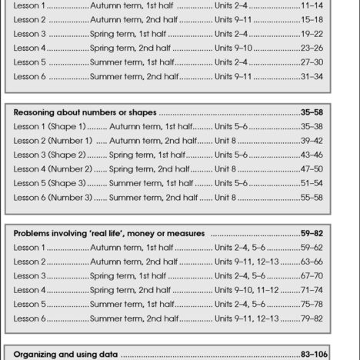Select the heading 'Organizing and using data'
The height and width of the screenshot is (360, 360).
(68, 355)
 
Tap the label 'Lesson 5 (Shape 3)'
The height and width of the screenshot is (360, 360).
(50, 183)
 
